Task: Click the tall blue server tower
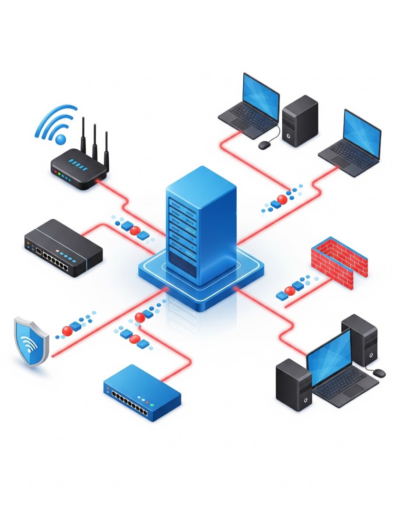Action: pyautogui.click(x=201, y=223)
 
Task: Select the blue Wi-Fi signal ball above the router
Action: pyautogui.click(x=61, y=139)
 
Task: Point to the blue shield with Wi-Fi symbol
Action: pyautogui.click(x=31, y=341)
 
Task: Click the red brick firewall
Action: pyautogui.click(x=339, y=262)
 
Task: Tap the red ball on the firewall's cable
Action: pyautogui.click(x=289, y=291)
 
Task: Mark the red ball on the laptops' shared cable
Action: pyautogui.click(x=282, y=200)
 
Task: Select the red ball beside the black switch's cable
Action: pyautogui.click(x=135, y=231)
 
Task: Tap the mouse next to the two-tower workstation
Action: pyautogui.click(x=379, y=373)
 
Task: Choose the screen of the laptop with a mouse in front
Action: pyautogui.click(x=260, y=98)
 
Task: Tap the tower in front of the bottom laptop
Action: pyautogui.click(x=294, y=384)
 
